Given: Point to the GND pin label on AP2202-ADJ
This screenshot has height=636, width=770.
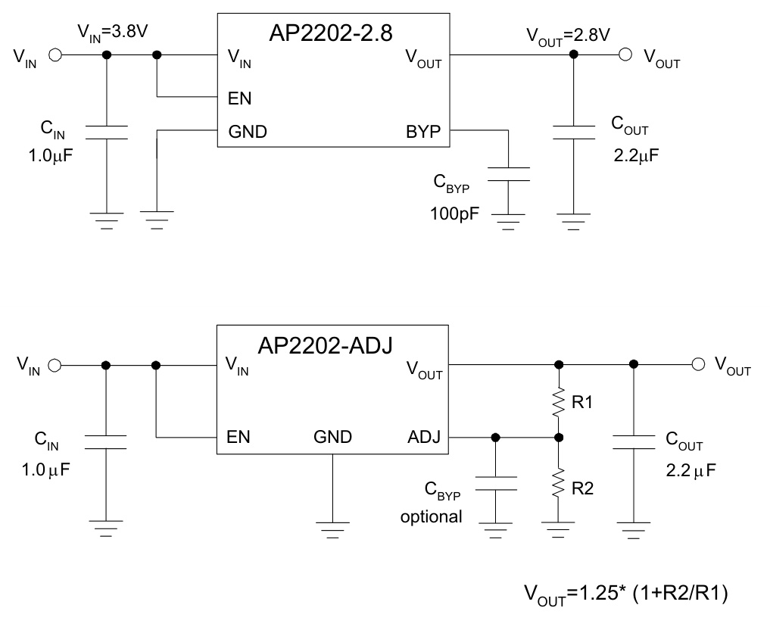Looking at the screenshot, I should point(332,437).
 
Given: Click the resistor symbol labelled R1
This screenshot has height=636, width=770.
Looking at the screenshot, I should point(559,402).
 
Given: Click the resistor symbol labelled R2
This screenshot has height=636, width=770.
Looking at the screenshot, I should point(559,482).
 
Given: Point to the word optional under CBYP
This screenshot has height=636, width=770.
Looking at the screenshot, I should point(431,517).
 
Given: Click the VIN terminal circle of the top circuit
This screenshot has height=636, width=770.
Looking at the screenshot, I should point(55,55).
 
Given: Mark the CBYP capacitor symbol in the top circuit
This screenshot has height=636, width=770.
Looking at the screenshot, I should point(508,173).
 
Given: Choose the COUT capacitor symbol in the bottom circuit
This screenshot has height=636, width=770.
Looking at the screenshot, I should point(634,441).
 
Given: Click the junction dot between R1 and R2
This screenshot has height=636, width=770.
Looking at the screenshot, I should point(559,438).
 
